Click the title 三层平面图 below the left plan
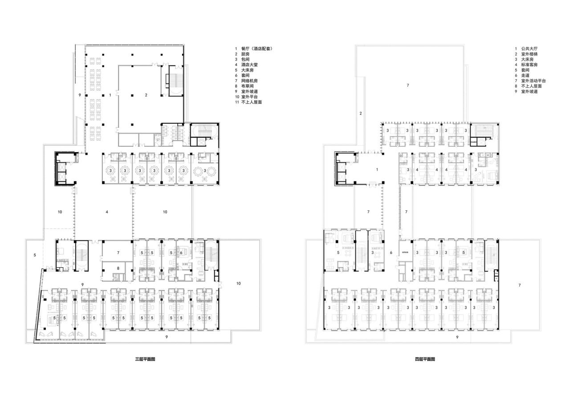point(145,359)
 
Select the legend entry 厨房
point(245,54)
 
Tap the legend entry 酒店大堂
point(249,64)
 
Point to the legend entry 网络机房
point(249,81)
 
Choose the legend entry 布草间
point(247,86)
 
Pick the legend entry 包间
point(245,59)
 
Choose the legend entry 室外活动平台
point(533,81)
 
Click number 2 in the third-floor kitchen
point(146,95)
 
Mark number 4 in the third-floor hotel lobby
point(107,212)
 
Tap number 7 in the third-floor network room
point(118,253)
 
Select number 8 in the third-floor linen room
point(118,268)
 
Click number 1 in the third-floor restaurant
point(110,95)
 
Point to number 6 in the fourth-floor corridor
point(391,253)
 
